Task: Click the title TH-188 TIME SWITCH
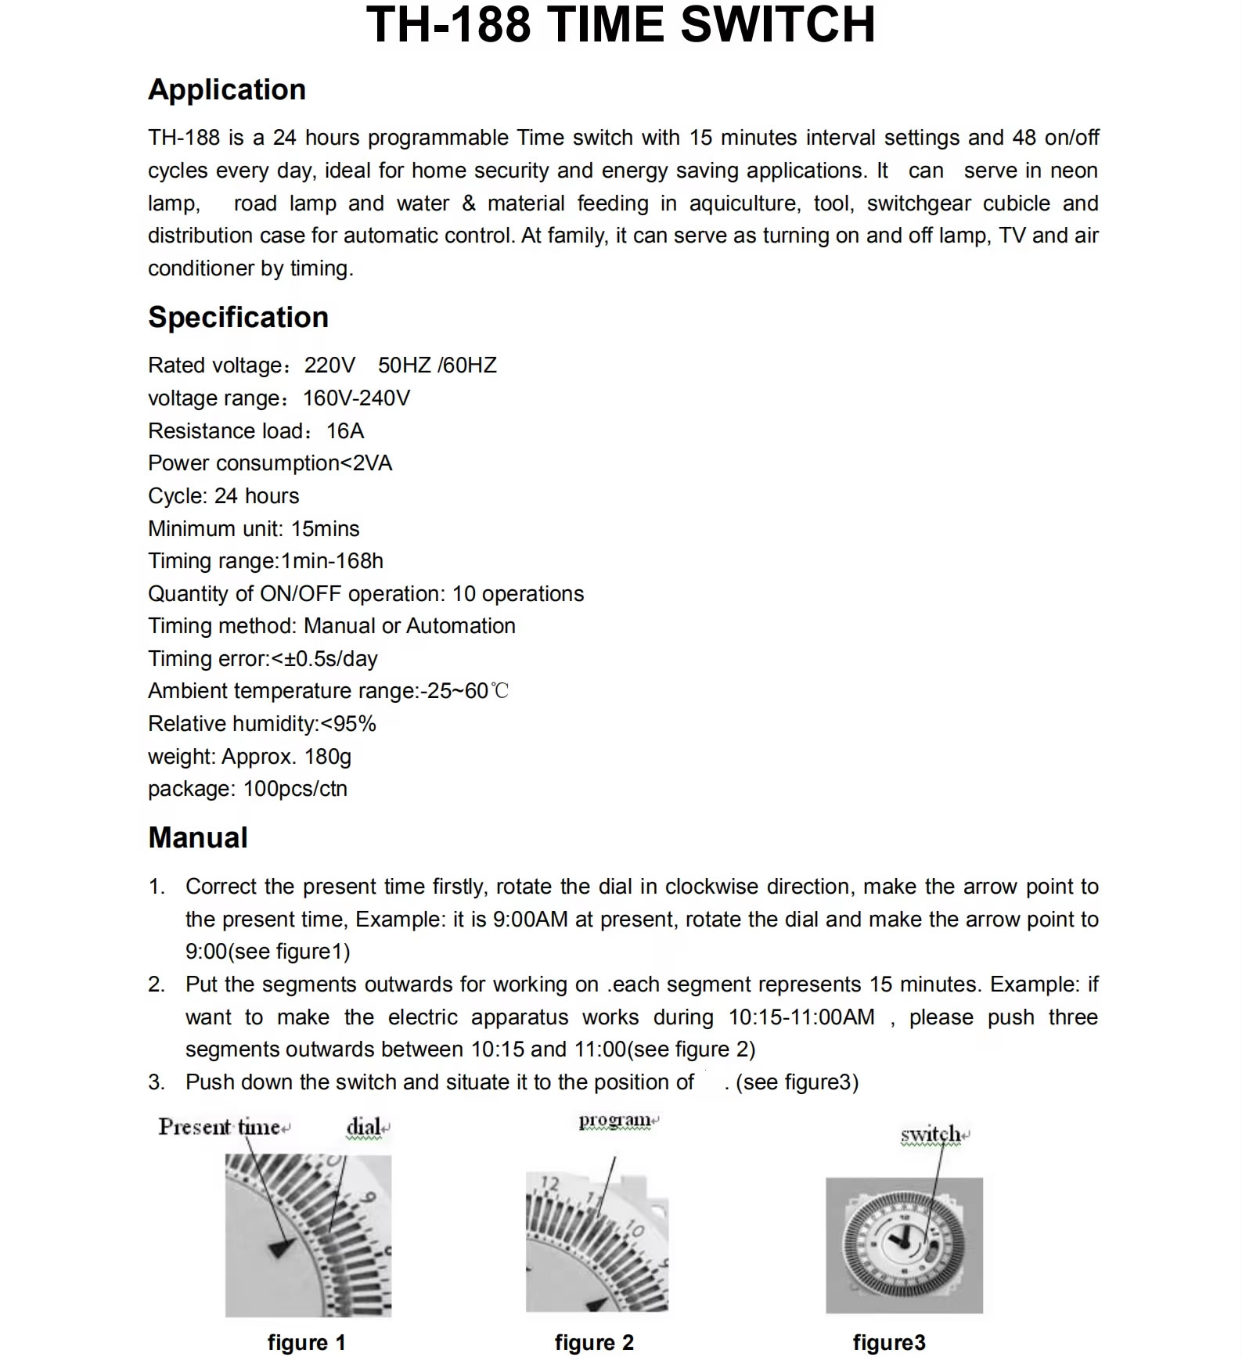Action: tap(621, 25)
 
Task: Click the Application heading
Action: tap(227, 90)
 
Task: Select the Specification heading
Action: tap(238, 318)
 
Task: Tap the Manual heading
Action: tap(198, 838)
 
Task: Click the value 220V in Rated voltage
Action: tap(329, 365)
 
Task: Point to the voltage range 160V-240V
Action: tap(356, 398)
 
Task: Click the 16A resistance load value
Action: tap(345, 431)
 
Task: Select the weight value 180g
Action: tap(328, 757)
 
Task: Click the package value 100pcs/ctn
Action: tap(296, 789)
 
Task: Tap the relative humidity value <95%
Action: tap(348, 724)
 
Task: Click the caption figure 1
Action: tap(306, 1343)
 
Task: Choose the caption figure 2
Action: tap(594, 1343)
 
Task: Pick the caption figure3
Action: tap(889, 1343)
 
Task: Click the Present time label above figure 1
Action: tap(220, 1127)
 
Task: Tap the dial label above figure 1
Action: tap(364, 1127)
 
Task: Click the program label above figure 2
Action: tap(615, 1121)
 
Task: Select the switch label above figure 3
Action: tap(931, 1134)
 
